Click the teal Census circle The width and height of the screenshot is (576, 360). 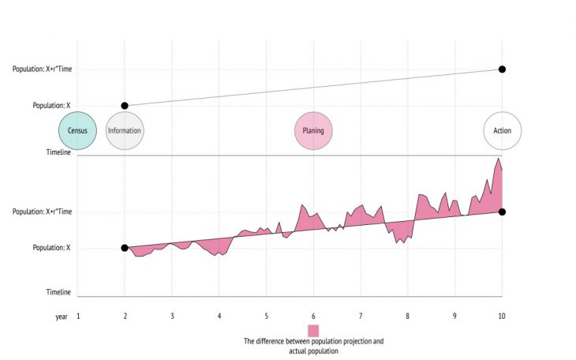pyautogui.click(x=77, y=130)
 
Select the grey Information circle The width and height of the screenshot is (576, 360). pyautogui.click(x=124, y=130)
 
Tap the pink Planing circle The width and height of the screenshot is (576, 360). pyautogui.click(x=313, y=130)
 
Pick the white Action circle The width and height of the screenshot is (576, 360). pyautogui.click(x=502, y=130)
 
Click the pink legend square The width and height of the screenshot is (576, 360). pyautogui.click(x=313, y=330)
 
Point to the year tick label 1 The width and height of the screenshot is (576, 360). pyautogui.click(x=77, y=316)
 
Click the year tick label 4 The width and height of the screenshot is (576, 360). pyautogui.click(x=219, y=316)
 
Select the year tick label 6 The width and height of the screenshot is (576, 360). pyautogui.click(x=313, y=316)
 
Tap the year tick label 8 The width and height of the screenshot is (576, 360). pyautogui.click(x=408, y=316)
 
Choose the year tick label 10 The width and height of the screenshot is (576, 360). pyautogui.click(x=502, y=316)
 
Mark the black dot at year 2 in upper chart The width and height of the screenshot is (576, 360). pyautogui.click(x=124, y=105)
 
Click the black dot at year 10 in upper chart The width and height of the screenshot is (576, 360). pyautogui.click(x=502, y=69)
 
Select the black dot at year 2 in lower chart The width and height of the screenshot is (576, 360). pyautogui.click(x=124, y=248)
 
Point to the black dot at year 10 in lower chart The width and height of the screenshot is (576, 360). pyautogui.click(x=502, y=212)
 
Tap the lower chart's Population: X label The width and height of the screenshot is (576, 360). pyautogui.click(x=51, y=248)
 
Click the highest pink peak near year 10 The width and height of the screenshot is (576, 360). pyautogui.click(x=498, y=159)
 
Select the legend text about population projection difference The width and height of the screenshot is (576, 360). pyautogui.click(x=313, y=346)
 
